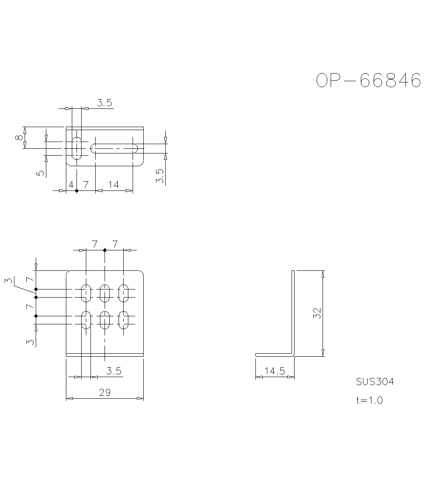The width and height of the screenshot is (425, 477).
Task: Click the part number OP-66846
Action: click(x=368, y=80)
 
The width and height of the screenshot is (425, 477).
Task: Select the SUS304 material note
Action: click(x=375, y=382)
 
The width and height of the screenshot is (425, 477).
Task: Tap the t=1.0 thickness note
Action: click(x=369, y=400)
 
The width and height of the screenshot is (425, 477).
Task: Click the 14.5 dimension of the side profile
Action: click(x=274, y=371)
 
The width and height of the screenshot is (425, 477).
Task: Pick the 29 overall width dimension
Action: click(x=105, y=392)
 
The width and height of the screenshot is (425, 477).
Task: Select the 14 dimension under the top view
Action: click(x=113, y=185)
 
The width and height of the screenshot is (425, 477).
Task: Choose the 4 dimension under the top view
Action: click(x=71, y=185)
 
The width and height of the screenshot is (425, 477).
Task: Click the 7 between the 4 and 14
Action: click(x=85, y=185)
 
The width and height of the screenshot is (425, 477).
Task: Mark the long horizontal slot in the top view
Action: click(x=114, y=148)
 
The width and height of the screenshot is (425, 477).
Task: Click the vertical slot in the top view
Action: click(x=77, y=148)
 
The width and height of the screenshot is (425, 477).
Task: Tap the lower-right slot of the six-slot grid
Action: click(x=124, y=320)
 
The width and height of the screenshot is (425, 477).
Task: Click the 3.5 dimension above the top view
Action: click(x=104, y=102)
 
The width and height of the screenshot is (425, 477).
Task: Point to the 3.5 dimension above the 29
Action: click(x=114, y=371)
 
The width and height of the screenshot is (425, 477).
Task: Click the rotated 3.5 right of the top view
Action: click(x=160, y=176)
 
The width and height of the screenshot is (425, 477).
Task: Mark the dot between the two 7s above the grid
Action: click(x=105, y=250)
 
